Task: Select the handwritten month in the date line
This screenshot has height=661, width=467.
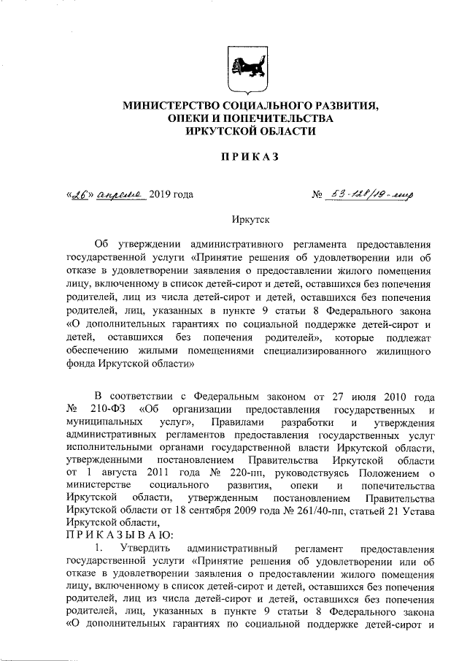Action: (120, 194)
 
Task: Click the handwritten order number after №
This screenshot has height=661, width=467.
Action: (369, 194)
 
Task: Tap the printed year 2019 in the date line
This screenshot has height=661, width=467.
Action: (161, 194)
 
